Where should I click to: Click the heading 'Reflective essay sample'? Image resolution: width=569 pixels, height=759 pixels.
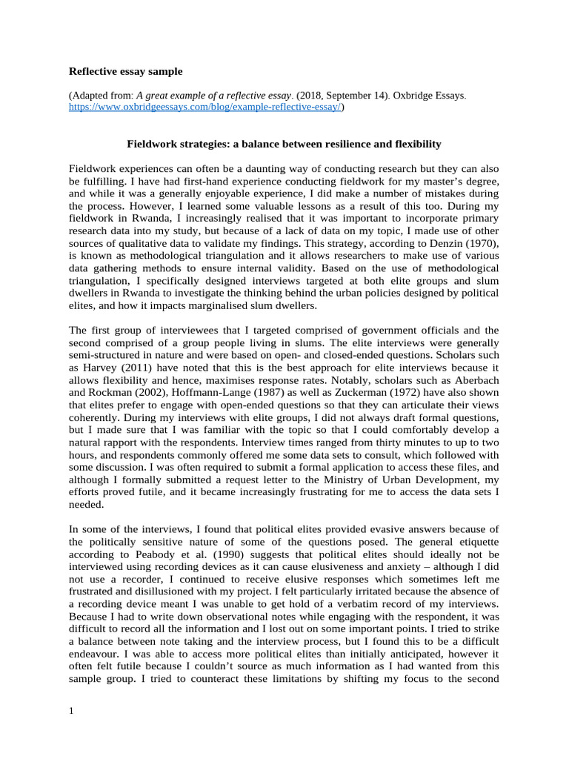coord(125,72)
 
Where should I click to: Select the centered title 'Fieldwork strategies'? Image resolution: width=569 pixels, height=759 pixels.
coord(284,143)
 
